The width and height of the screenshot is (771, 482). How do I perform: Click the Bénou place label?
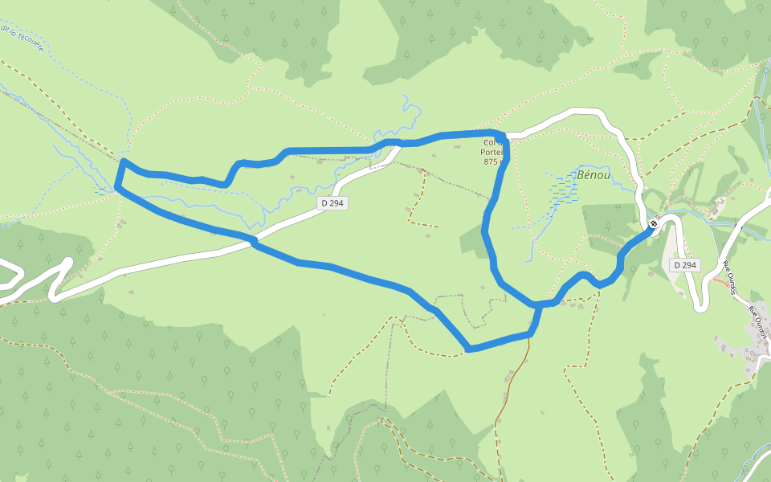[x=594, y=174]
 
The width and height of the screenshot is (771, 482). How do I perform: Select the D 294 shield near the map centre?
[x=332, y=203]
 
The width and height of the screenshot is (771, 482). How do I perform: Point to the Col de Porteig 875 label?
[x=492, y=152]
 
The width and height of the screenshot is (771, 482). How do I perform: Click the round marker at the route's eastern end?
[x=653, y=224]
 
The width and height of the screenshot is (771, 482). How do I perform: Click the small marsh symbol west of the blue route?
[x=99, y=191]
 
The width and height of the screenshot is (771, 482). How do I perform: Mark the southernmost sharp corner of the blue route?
[x=468, y=349]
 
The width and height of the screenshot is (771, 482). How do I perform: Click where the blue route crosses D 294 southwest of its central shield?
[x=253, y=240]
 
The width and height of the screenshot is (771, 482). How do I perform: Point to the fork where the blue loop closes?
[x=536, y=304]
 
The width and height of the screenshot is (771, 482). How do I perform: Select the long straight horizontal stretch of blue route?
[x=329, y=150]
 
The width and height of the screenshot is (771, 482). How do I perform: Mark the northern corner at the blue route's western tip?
[x=123, y=161]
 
